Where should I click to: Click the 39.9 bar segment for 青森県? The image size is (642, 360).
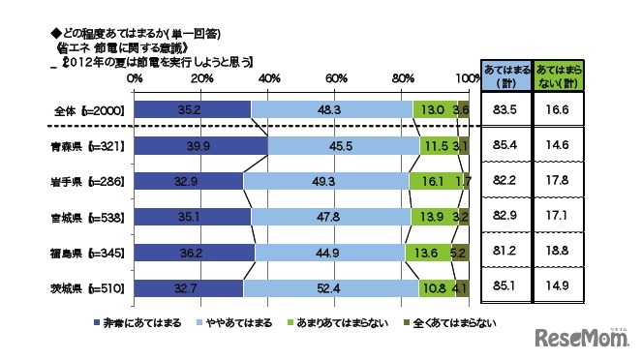coord(200,146)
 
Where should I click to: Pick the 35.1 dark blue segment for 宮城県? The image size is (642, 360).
coord(191,217)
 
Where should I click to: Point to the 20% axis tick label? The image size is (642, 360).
coord(202,77)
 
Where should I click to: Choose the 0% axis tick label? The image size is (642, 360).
coord(135,77)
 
